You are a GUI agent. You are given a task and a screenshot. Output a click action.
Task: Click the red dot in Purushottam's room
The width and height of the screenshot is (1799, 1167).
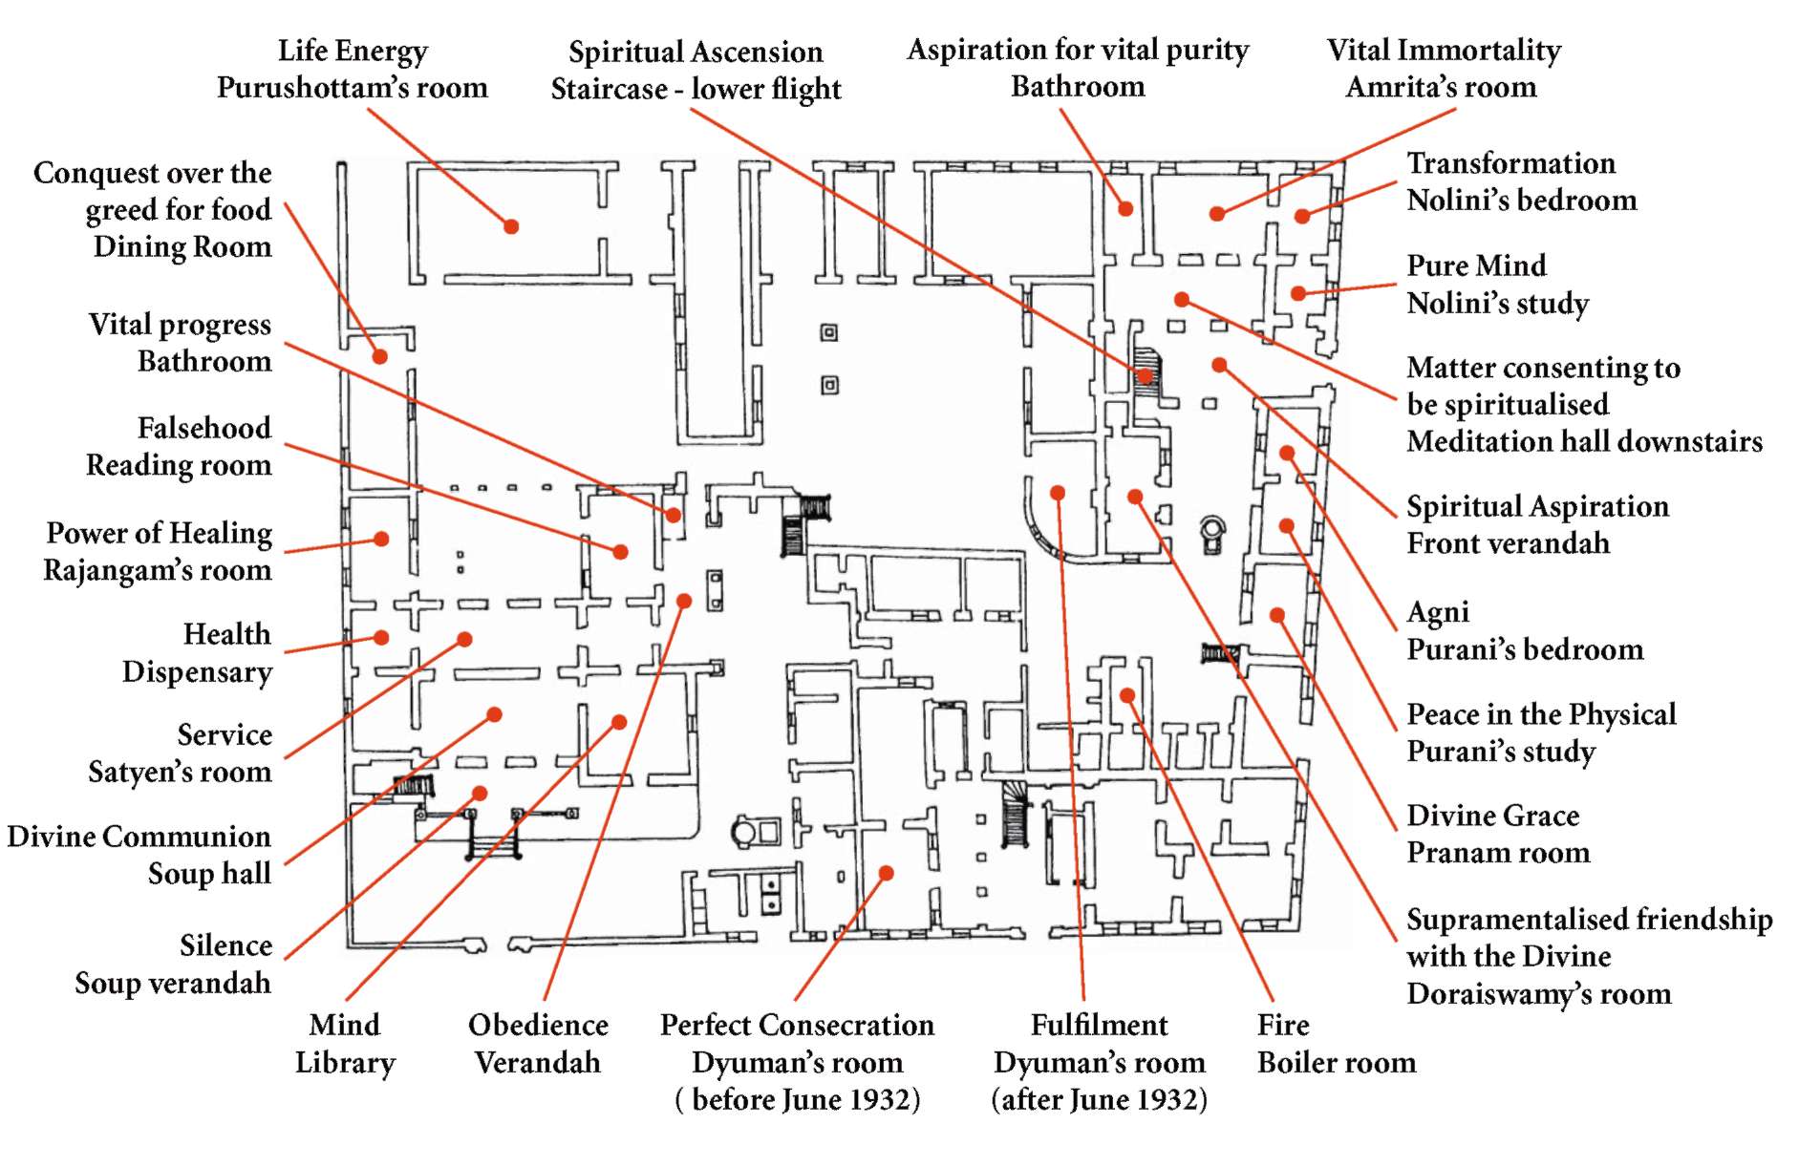coord(511,226)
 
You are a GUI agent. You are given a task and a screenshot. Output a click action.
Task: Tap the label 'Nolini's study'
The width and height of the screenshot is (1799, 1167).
coord(1497,304)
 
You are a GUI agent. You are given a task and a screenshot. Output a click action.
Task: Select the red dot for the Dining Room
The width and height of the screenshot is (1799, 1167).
coord(380,356)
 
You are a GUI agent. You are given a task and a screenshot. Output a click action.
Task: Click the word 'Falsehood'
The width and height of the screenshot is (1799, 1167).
coord(203,428)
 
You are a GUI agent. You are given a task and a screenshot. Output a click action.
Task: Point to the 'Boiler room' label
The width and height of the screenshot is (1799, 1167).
coord(1336,1062)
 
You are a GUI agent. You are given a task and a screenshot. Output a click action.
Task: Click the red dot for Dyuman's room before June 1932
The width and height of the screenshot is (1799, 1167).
coord(886,873)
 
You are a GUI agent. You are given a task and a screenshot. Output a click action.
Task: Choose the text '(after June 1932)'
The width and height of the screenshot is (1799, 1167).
coord(1099,1099)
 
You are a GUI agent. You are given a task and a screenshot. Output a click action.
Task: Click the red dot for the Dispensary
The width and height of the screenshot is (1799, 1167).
coord(381,637)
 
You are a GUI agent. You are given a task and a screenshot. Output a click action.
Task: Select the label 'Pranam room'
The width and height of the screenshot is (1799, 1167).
coord(1497,852)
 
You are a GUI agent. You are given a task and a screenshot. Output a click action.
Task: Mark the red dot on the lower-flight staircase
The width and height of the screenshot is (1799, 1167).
coord(1145,375)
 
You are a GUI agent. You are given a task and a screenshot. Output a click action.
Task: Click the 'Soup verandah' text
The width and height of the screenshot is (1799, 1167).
coord(173,983)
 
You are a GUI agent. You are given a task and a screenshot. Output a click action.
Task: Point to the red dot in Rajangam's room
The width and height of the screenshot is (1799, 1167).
coord(381,539)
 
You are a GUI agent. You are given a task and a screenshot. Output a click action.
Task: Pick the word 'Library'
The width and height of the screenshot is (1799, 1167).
coord(345,1062)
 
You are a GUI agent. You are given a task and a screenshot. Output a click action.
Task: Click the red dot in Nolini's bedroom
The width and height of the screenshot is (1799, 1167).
coord(1301,217)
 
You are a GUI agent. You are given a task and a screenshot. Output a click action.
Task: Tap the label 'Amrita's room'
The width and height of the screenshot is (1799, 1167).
coord(1441,87)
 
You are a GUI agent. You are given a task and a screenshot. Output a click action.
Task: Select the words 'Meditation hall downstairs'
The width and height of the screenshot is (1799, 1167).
coord(1584,441)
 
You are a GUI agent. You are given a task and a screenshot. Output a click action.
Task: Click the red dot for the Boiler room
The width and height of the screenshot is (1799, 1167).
coord(1127,695)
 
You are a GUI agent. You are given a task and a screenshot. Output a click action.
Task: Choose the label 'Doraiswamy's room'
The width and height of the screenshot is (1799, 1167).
coord(1538,993)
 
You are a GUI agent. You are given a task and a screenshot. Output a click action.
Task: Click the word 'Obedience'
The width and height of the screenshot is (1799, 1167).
coord(538,1025)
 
